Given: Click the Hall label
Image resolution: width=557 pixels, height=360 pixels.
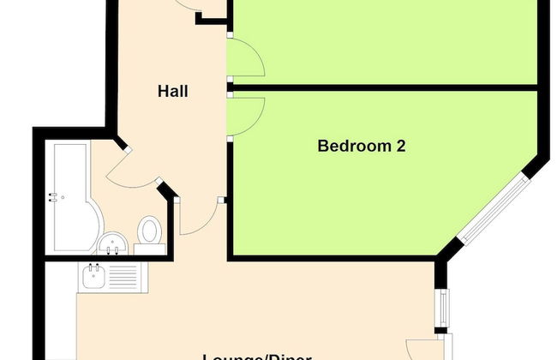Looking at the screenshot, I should click(172, 92).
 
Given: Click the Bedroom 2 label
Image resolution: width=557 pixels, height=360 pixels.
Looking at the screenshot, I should click(361, 146).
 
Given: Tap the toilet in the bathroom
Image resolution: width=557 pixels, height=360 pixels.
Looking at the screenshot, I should click(150, 230).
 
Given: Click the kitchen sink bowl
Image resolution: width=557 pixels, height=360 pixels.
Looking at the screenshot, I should click(92, 276).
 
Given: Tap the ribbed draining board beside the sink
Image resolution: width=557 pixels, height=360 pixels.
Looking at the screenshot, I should click(121, 276).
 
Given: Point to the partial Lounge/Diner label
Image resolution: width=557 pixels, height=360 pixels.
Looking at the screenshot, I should click(257, 356).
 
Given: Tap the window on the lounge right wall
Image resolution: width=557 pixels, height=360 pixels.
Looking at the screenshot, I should click(442, 308).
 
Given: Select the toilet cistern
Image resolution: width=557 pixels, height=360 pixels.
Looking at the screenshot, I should click(150, 249).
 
